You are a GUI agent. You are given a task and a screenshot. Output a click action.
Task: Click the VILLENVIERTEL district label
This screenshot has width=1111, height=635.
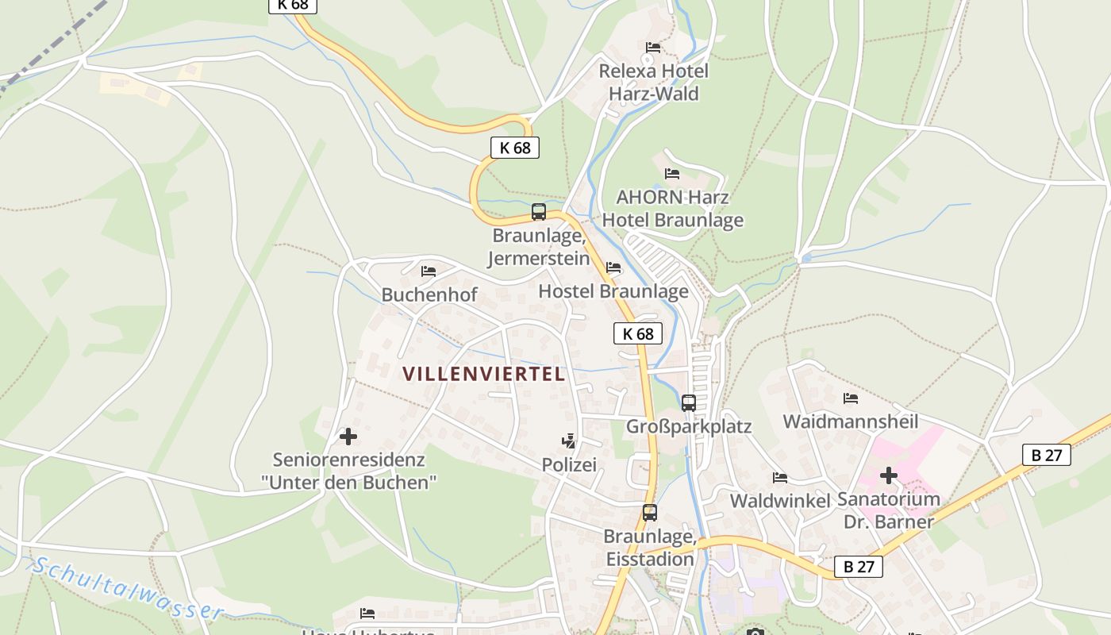pos(483,374)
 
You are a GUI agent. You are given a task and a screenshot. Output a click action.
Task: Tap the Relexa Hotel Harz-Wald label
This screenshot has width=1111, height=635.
pos(653,83)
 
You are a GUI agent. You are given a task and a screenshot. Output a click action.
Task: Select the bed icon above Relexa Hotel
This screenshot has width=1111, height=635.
pos(653,48)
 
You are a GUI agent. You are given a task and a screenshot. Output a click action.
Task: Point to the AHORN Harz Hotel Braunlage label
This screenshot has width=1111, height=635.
pos(672,209)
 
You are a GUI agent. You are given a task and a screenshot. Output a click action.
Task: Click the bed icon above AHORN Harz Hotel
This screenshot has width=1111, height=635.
pos(672,173)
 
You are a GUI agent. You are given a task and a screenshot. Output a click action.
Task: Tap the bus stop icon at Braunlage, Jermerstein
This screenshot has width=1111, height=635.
pos(539,212)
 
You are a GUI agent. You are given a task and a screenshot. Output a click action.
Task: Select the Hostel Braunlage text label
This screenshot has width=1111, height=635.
pos(613,291)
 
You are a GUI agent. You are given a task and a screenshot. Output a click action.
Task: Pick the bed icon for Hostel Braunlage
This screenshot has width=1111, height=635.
pos(613,267)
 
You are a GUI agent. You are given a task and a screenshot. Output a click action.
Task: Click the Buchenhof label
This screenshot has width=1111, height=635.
pos(429,295)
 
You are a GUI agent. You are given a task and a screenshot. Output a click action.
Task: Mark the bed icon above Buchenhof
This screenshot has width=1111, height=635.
pos(429,271)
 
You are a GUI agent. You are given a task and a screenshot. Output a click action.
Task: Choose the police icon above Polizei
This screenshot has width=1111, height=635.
pos(568,441)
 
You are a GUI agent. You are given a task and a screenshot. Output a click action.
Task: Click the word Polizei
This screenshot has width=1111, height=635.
pos(569,465)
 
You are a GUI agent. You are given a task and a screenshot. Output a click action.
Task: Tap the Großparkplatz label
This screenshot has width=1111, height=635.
pos(689,427)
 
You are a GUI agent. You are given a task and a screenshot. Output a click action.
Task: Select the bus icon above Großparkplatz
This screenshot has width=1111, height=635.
pos(689,402)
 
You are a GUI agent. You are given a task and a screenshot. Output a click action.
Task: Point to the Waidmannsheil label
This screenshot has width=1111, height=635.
pos(851,421)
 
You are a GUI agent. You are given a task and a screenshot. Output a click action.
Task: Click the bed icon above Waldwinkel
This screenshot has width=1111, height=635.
pos(780,478)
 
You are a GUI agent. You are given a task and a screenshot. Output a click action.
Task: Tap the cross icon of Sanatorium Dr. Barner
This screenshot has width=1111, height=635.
pos(889,475)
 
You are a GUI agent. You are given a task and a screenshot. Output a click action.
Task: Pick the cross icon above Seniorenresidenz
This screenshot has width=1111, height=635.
pos(348,437)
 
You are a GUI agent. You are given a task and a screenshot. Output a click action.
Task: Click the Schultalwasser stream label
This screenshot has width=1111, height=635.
pos(127,588)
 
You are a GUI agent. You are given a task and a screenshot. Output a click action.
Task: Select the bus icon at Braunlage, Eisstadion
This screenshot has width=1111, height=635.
pos(650,513)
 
